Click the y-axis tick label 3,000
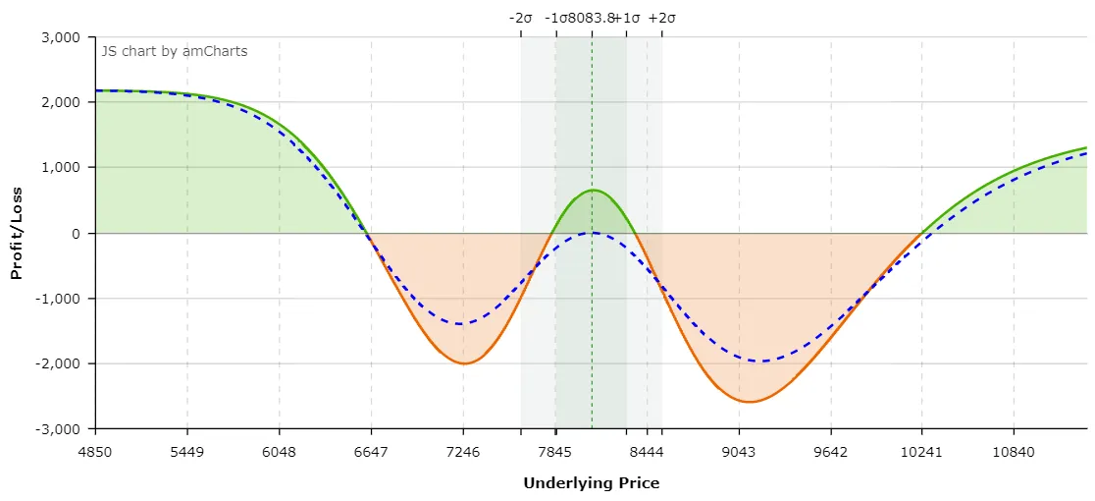point(62,37)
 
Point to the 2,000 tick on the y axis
point(62,102)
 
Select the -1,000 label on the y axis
point(58,299)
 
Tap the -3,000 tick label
point(58,429)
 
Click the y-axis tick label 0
point(75,234)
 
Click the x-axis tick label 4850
point(95,452)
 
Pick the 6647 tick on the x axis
point(371,452)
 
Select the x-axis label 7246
point(463,452)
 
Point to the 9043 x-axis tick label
point(739,452)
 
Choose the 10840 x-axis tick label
point(1014,452)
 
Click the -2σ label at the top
point(520,18)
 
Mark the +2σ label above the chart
point(662,18)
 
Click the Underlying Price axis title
point(591,483)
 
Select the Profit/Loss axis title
point(17,234)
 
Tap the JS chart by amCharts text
point(175,51)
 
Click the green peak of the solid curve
point(593,190)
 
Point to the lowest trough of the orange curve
point(749,402)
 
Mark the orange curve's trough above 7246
point(463,363)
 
